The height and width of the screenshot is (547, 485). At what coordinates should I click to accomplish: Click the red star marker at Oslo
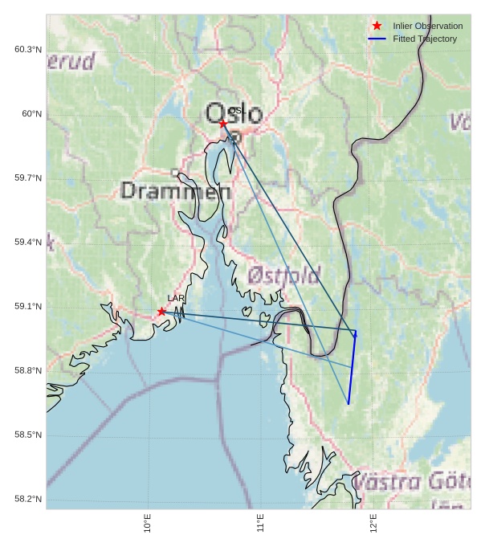coord(223,124)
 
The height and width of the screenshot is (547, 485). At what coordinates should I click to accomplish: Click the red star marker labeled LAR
coord(161,312)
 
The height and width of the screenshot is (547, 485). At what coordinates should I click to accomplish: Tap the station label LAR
coord(176,299)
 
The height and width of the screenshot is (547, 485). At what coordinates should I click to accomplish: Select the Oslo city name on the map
coord(234,114)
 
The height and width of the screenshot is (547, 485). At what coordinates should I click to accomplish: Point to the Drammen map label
coord(176,191)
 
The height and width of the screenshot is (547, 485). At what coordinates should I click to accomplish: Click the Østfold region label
coord(284,276)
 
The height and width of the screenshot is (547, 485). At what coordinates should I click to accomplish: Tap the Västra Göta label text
coord(411,482)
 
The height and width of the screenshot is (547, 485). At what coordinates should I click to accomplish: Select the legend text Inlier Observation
coord(427,26)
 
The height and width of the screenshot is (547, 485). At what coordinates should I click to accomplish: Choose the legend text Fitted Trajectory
coord(424,39)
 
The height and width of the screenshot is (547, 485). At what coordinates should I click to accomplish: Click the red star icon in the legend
coord(377,26)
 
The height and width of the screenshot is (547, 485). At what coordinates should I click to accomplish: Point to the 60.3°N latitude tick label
coord(28,50)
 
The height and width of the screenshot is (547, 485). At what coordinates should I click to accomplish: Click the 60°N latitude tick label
coord(32,114)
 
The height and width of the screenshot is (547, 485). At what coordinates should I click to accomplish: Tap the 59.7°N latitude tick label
coord(28,178)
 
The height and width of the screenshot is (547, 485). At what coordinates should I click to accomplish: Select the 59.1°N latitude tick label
coord(28,307)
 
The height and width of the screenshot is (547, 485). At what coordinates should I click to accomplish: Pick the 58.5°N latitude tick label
coord(28,435)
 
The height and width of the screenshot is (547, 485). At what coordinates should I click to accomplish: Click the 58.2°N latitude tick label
coord(28,500)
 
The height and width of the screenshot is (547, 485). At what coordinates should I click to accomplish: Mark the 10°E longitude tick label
coord(148,524)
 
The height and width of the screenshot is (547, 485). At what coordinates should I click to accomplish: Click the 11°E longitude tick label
coord(261,524)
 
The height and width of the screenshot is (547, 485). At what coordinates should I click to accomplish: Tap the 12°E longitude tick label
coord(374,524)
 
